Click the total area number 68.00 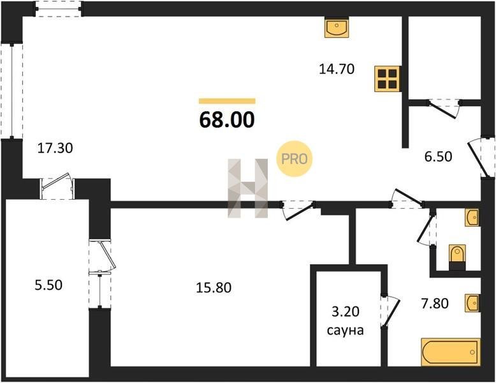tap(227, 120)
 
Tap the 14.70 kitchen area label tap(337, 69)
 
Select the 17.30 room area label tap(55, 148)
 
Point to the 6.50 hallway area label tap(438, 156)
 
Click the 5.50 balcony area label tap(48, 285)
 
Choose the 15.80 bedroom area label tap(214, 288)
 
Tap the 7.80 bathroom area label tap(435, 303)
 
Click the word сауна tap(345, 331)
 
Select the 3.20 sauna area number tap(345, 312)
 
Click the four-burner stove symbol tap(388, 79)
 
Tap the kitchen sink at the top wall tap(337, 27)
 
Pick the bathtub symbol tap(451, 352)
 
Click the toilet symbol tap(457, 257)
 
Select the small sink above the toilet tap(472, 218)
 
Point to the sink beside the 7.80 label tap(472, 303)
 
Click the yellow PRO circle tap(294, 159)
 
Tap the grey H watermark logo tap(248, 188)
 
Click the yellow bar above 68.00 tap(227, 101)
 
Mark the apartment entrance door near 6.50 tap(481, 157)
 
